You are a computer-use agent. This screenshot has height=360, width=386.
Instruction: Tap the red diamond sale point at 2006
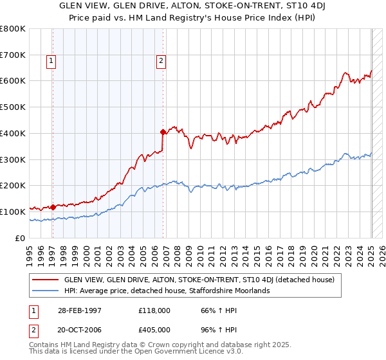tap(163, 132)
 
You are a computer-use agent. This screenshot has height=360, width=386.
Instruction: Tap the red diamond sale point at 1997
tap(53, 207)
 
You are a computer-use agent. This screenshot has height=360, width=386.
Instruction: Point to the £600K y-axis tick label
tap(12, 81)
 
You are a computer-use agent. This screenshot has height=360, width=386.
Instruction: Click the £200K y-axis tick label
tap(12, 185)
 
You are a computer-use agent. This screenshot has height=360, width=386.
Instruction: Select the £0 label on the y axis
tap(19, 238)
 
